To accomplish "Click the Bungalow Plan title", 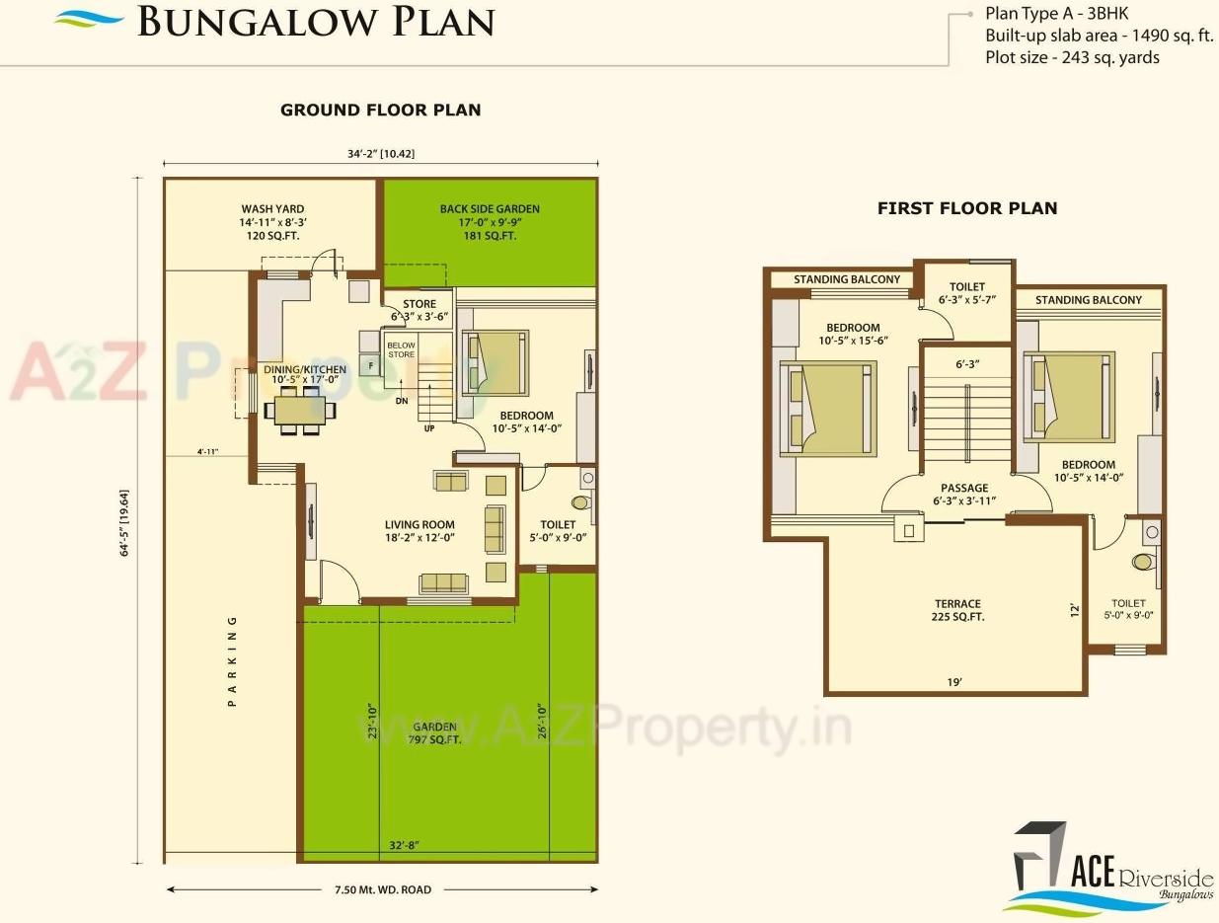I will coord(315,22).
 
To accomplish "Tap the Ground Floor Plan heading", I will coord(380,110).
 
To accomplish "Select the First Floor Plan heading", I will coord(966,208).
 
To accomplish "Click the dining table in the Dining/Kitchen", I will coord(297,410).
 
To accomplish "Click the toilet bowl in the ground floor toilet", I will coord(579,502).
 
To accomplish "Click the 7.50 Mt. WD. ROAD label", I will coord(382,889).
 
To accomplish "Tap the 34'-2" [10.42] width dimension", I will coord(380,152).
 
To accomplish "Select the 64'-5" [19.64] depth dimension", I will coord(125,518).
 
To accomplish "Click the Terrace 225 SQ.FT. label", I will coord(957,610).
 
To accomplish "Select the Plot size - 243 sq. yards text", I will coord(1072,57).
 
